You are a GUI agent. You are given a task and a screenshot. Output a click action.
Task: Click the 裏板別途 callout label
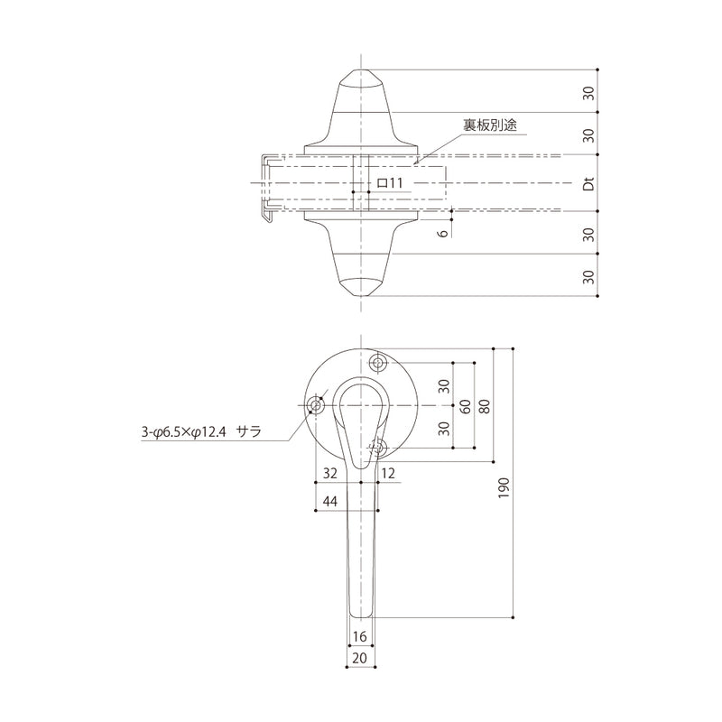(489, 126)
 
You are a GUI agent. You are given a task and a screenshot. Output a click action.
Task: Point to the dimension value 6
(441, 233)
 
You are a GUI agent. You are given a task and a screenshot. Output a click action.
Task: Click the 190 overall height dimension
(504, 487)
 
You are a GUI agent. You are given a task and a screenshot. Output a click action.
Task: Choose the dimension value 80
(485, 405)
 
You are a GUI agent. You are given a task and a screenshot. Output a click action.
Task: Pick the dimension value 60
(464, 405)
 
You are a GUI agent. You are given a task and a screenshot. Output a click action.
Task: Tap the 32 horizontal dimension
(329, 473)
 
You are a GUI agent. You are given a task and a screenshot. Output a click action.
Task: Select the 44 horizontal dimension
(329, 503)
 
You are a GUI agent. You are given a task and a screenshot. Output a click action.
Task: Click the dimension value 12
(389, 473)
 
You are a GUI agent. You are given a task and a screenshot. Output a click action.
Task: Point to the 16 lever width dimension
(361, 637)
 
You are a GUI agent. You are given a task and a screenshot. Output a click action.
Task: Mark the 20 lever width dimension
(361, 659)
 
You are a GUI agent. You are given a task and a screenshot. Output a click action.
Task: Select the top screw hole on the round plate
(378, 363)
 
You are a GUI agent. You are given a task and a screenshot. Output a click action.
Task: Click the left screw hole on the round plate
(316, 405)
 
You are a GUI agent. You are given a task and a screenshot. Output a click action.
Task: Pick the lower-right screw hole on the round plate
(378, 447)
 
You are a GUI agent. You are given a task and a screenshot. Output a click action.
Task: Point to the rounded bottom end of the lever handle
(361, 614)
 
